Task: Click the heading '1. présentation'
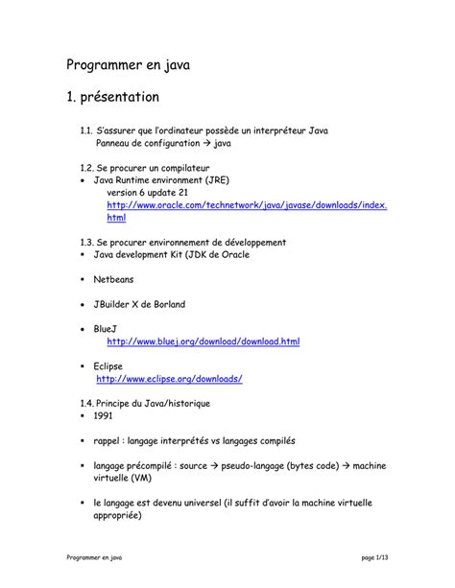pyautogui.click(x=112, y=98)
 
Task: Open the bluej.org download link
pyautogui.click(x=204, y=341)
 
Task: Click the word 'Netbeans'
pyautogui.click(x=113, y=279)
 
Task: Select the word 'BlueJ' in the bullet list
pyautogui.click(x=106, y=329)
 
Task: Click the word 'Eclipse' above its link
pyautogui.click(x=108, y=365)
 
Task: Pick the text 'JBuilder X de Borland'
pyautogui.click(x=139, y=304)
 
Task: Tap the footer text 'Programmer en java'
pyautogui.click(x=93, y=557)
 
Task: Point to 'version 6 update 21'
pyautogui.click(x=146, y=192)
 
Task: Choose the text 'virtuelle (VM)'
pyautogui.click(x=122, y=478)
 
